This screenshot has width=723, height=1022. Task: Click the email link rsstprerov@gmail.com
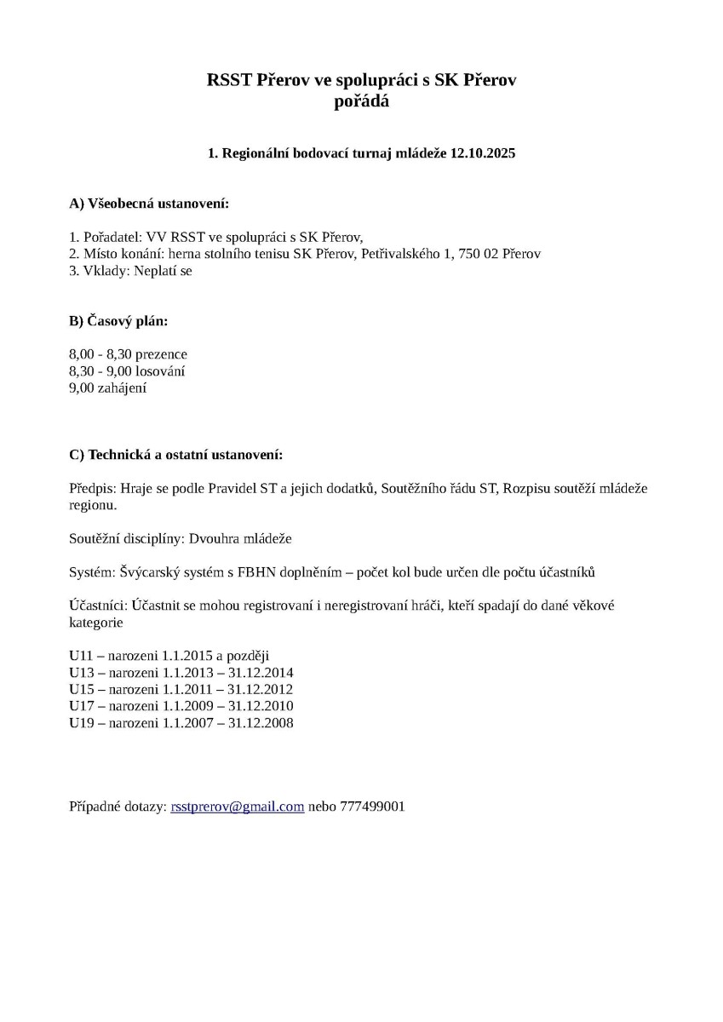[x=238, y=806]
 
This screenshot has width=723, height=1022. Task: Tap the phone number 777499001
[x=372, y=806]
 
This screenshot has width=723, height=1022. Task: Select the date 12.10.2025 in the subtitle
[x=483, y=154]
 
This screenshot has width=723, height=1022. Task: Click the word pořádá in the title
[x=362, y=101]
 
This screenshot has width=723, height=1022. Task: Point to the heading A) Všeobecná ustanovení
[x=149, y=204]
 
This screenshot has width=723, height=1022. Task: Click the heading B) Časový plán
[x=118, y=322]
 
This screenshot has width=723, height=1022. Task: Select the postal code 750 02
[x=473, y=254]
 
